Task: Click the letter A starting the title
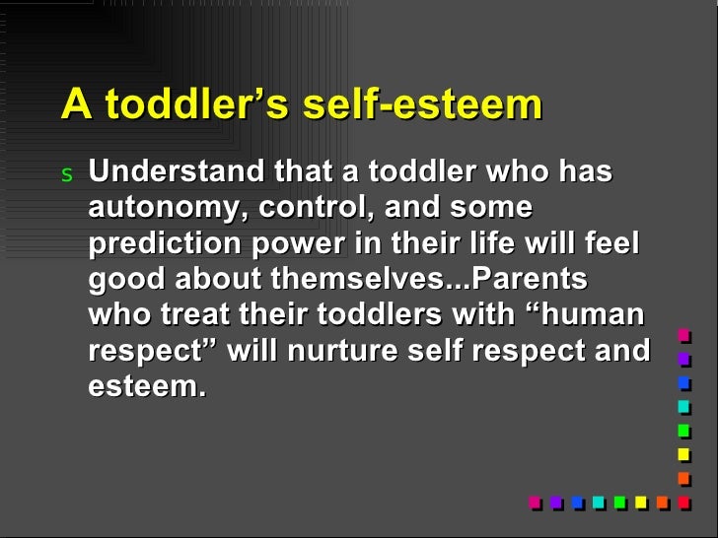pyautogui.click(x=73, y=104)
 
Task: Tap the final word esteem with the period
pyautogui.click(x=147, y=386)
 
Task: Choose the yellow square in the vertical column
pyautogui.click(x=683, y=454)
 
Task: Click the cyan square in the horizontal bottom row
pyautogui.click(x=598, y=502)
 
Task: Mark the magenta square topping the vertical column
pyautogui.click(x=683, y=334)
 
